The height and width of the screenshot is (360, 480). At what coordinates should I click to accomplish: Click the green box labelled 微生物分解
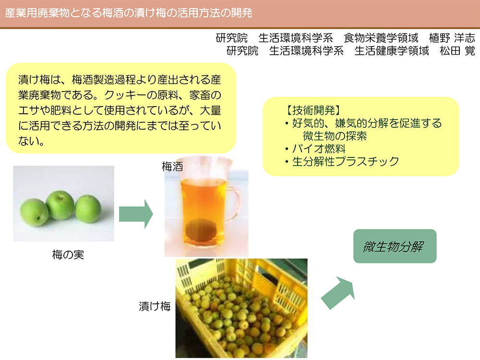pos(395,246)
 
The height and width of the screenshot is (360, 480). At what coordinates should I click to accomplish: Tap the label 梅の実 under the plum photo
pos(68,255)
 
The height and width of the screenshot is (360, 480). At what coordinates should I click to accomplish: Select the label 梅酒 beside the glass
pos(172,167)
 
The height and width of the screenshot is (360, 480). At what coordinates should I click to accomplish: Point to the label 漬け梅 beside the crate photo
pos(155,306)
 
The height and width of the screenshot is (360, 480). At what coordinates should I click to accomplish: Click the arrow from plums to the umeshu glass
pos(136,214)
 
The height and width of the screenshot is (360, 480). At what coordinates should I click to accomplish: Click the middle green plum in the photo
pos(60,205)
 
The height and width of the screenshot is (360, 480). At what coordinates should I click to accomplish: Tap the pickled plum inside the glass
pos(202,230)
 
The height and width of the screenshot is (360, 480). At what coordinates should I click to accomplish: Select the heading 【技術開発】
pos(313,110)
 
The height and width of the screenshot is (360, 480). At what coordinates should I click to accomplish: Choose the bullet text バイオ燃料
pos(319,149)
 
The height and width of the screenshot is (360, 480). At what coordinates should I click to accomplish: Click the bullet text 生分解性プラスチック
pos(346,162)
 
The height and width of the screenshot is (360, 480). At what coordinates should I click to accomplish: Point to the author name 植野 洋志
pos(452,38)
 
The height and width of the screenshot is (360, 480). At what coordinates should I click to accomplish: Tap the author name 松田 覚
pos(457,51)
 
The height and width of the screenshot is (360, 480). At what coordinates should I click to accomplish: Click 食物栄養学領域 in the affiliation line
pos(381,38)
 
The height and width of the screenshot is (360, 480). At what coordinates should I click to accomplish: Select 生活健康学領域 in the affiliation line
pos(392,51)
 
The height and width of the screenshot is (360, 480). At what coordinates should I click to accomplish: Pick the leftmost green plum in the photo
pos(34,213)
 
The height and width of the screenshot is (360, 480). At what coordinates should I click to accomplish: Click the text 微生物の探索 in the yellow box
pos(335,136)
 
